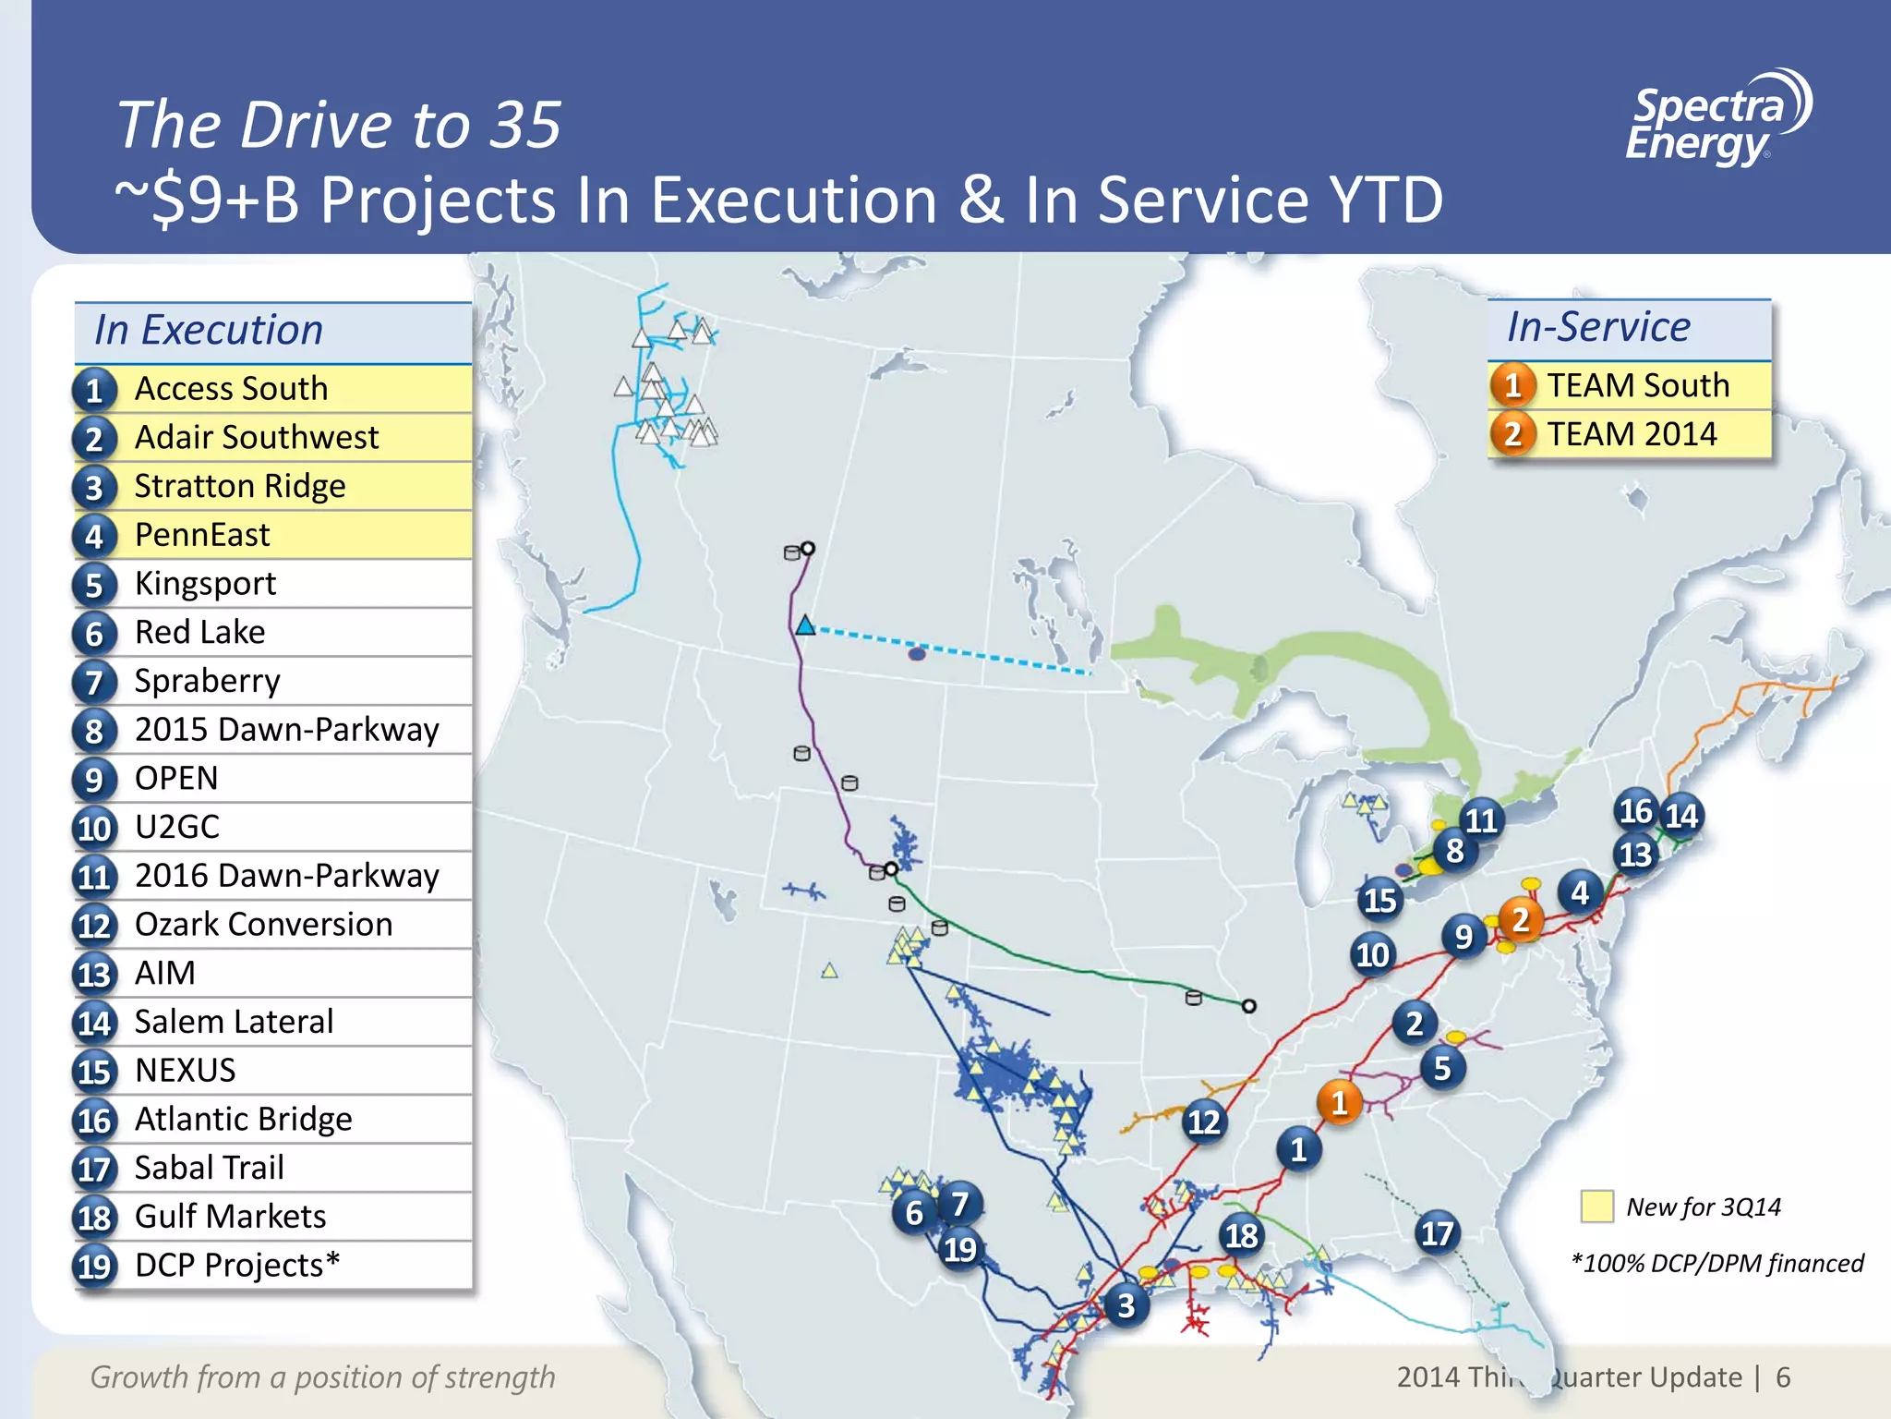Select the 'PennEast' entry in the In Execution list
(x=202, y=535)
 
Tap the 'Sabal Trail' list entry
(x=209, y=1168)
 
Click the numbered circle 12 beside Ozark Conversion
(x=94, y=926)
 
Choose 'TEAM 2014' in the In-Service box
(x=1632, y=434)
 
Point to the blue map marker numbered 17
(x=1437, y=1233)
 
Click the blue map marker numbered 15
(x=1380, y=900)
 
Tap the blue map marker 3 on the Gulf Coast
(x=1126, y=1305)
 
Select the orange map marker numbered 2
(x=1520, y=920)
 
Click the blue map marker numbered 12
(x=1203, y=1122)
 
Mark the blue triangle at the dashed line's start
(x=805, y=626)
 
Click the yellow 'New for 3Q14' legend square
(x=1596, y=1207)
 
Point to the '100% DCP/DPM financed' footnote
(x=1716, y=1263)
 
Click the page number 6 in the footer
(x=1783, y=1377)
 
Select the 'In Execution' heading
(x=209, y=331)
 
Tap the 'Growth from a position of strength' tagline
(x=322, y=1377)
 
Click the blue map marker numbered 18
(x=1241, y=1235)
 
